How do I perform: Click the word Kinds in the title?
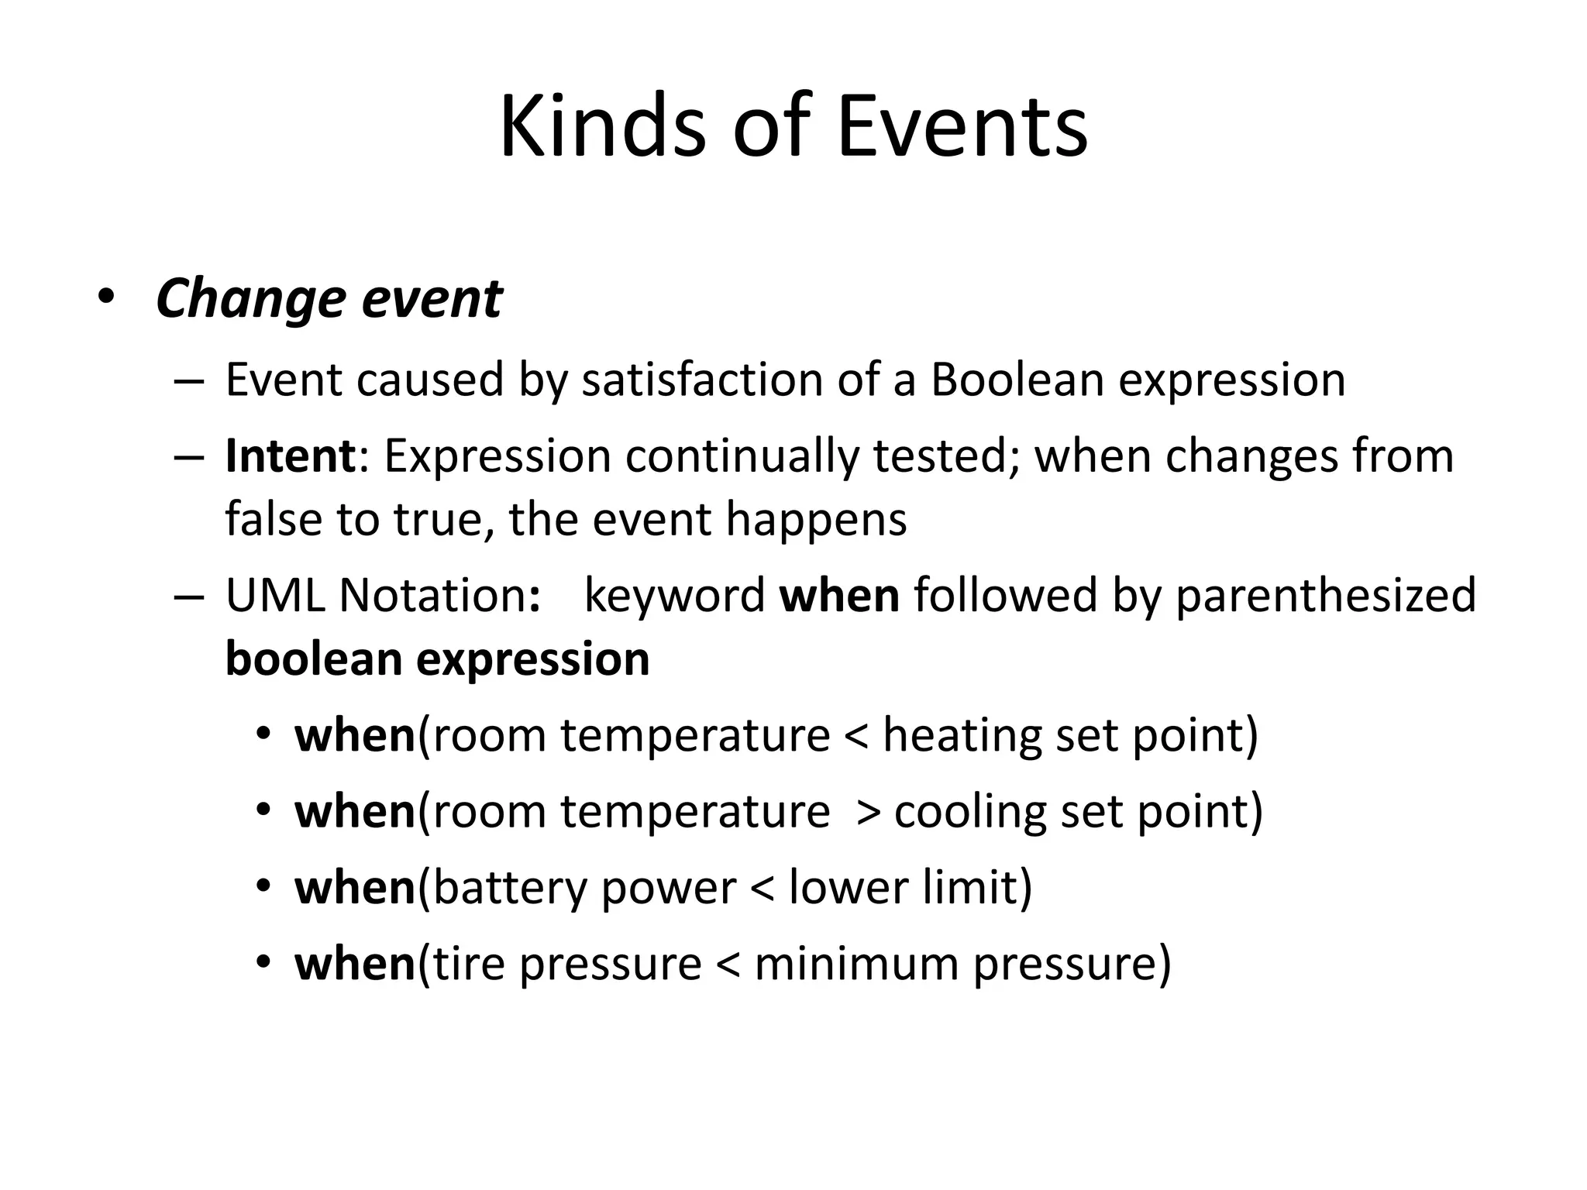click(x=603, y=126)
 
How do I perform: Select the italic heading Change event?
click(x=329, y=300)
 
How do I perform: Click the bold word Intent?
click(x=290, y=456)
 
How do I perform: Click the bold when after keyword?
click(x=839, y=596)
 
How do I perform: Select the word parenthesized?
click(x=1325, y=597)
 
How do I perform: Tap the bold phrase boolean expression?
click(x=437, y=659)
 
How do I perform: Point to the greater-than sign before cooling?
click(x=869, y=813)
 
